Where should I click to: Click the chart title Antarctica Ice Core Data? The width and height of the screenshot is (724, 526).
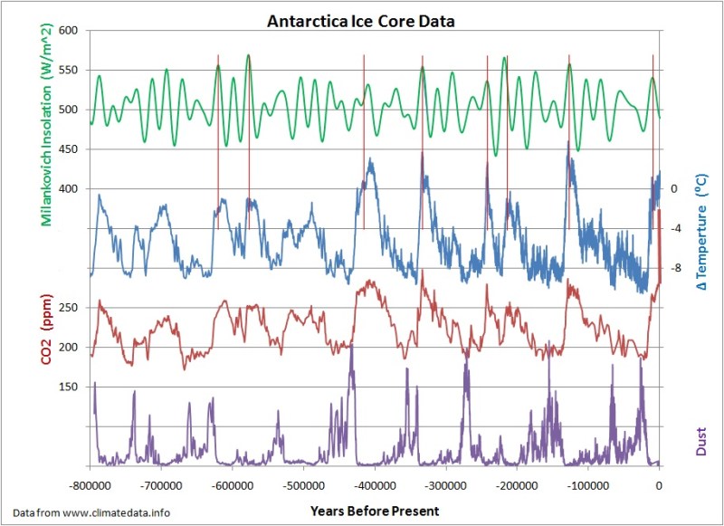pyautogui.click(x=361, y=17)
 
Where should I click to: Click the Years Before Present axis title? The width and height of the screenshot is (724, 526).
pyautogui.click(x=374, y=511)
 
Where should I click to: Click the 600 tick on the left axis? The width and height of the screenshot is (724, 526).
pyautogui.click(x=71, y=30)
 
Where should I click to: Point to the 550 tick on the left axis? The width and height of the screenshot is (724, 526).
pyautogui.click(x=71, y=70)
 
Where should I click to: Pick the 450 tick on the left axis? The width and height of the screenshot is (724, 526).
pyautogui.click(x=71, y=149)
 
